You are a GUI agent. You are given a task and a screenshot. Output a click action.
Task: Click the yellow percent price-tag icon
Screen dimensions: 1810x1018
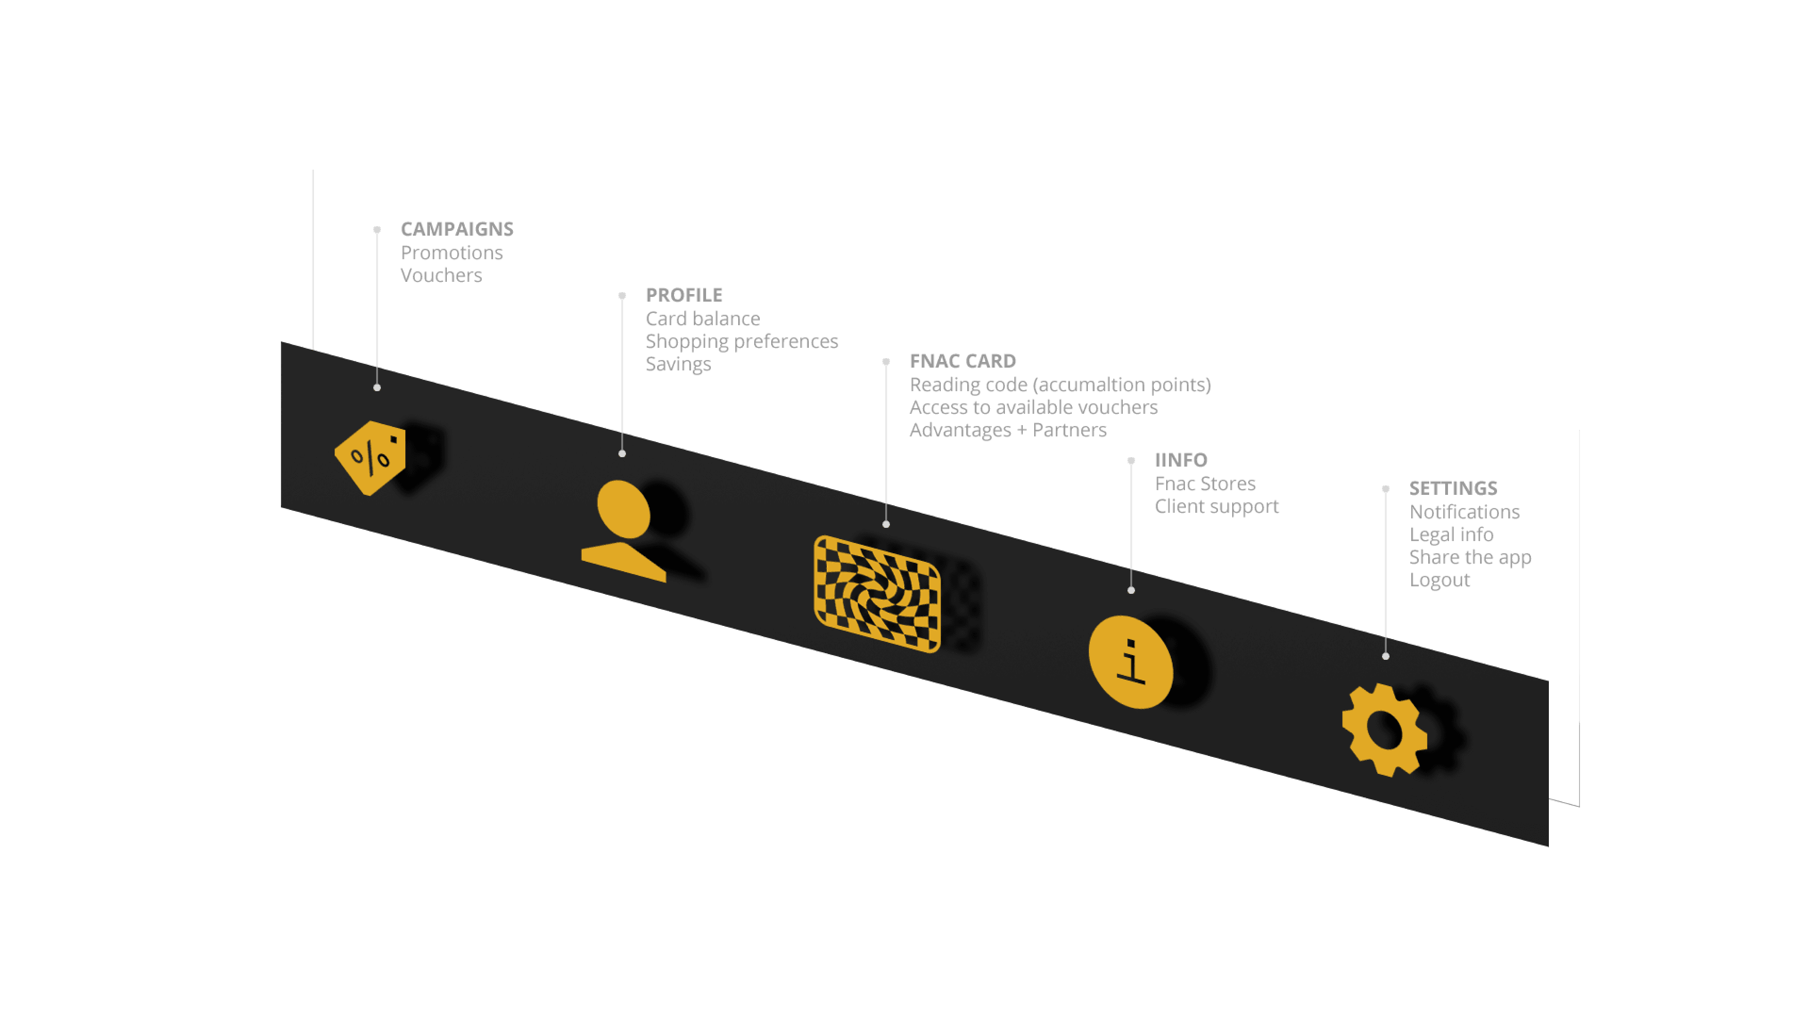[370, 458]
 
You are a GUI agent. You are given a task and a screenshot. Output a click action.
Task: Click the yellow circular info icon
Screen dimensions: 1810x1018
[1131, 662]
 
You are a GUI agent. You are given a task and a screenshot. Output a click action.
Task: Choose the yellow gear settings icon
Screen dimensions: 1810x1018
[1385, 730]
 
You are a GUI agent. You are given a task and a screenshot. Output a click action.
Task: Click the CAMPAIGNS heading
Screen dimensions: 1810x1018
[457, 229]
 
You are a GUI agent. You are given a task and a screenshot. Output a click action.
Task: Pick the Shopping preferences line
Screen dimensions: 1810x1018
[742, 342]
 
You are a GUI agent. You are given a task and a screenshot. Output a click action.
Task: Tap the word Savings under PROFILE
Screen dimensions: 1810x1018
[678, 365]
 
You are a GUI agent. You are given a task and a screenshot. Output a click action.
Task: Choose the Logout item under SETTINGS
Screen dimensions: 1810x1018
[1440, 580]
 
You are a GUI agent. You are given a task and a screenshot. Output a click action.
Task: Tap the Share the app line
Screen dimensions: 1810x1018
[1471, 558]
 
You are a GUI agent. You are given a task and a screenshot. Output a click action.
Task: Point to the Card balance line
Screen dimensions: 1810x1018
[703, 319]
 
